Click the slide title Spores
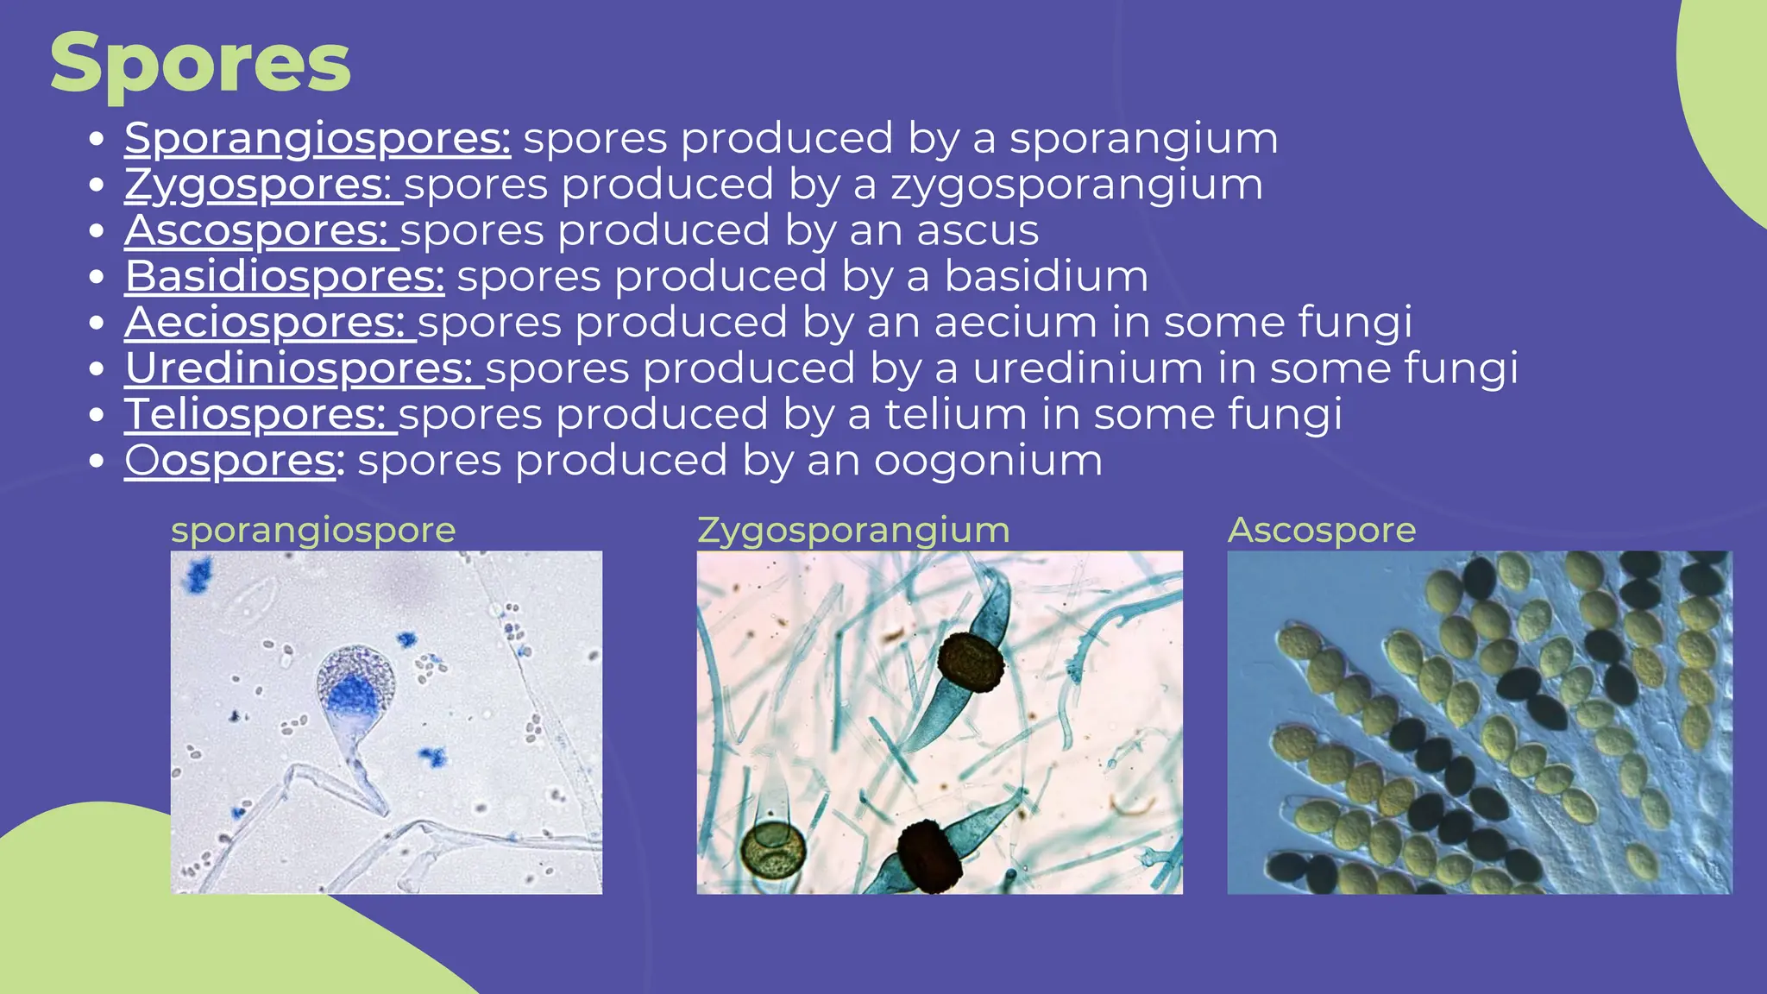click(200, 64)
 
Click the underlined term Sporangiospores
click(318, 138)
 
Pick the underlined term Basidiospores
click(285, 277)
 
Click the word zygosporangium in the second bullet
click(1077, 185)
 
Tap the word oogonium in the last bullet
click(988, 461)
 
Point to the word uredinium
click(1087, 368)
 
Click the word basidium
click(1046, 277)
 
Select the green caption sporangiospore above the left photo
click(313, 530)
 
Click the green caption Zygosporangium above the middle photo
click(853, 530)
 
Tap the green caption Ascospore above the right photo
click(1322, 530)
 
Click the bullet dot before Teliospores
click(97, 415)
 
